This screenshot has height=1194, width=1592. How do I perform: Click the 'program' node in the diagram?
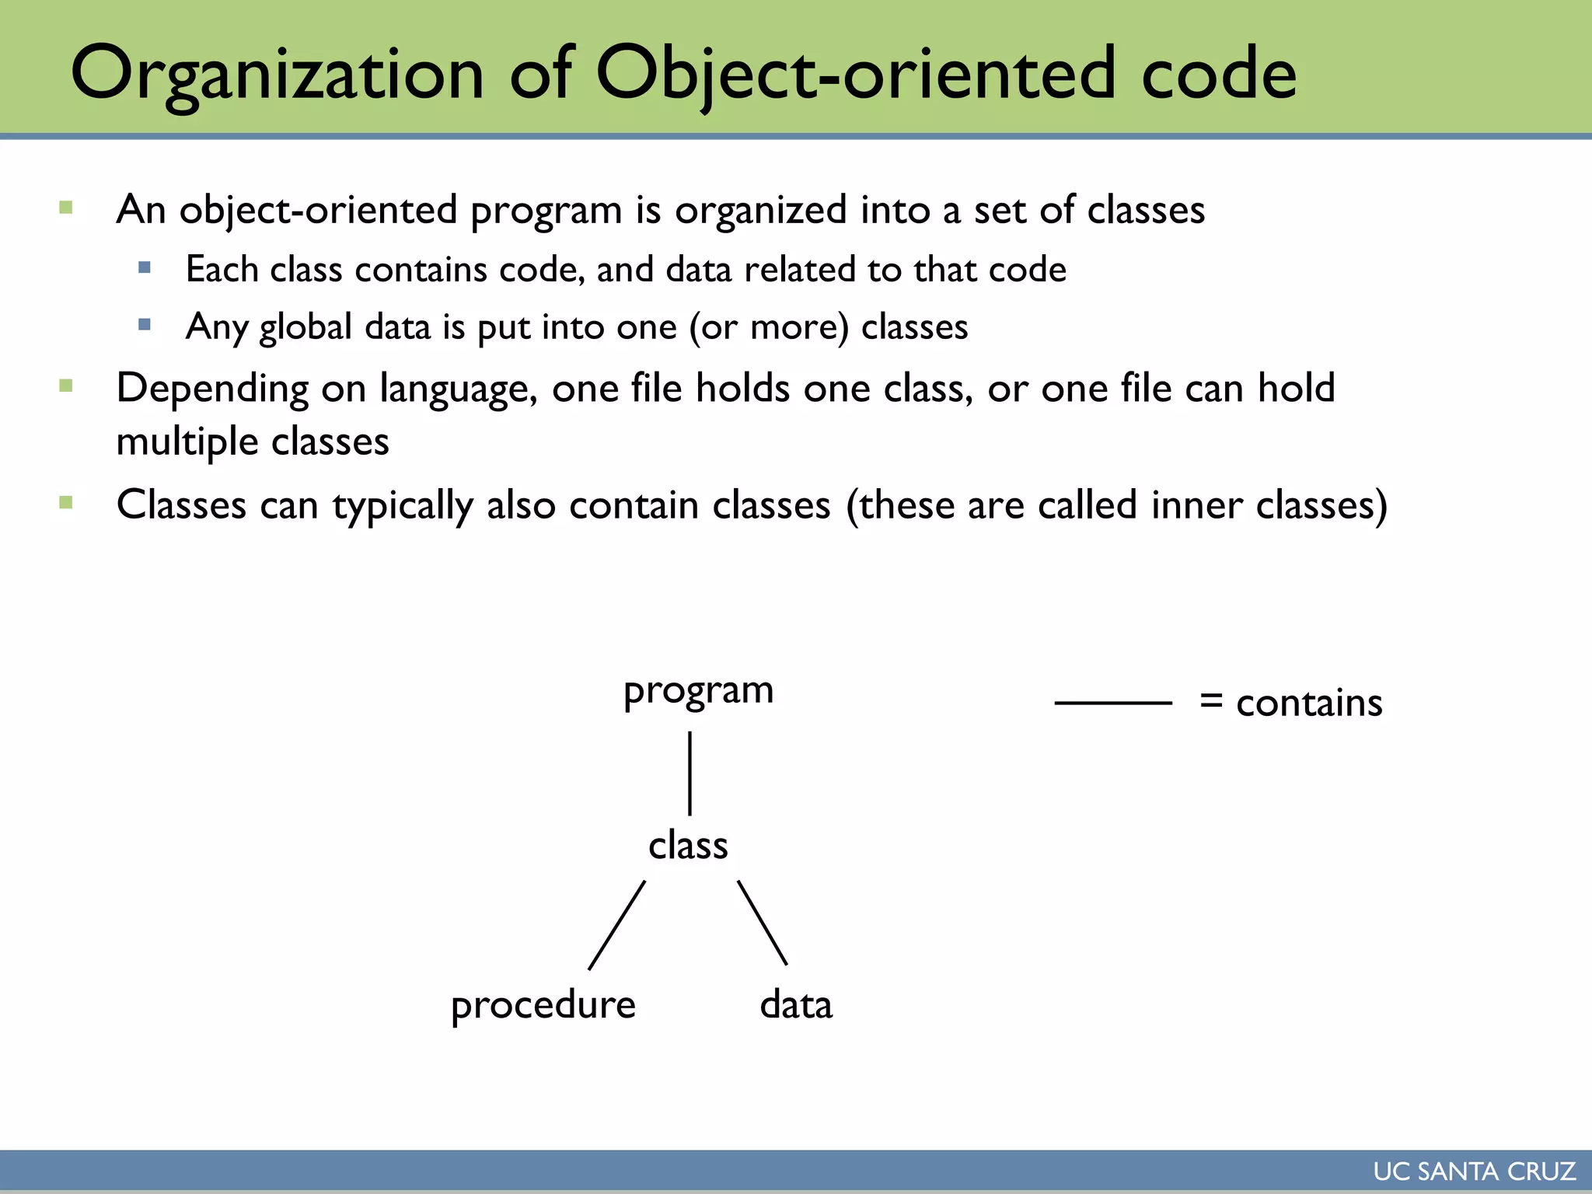[x=698, y=690]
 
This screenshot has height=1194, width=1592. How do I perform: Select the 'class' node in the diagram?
[x=688, y=845]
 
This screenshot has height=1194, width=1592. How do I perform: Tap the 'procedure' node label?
[x=543, y=1005]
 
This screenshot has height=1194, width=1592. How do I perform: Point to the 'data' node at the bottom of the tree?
[x=795, y=1004]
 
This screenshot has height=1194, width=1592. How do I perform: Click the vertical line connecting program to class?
[x=690, y=773]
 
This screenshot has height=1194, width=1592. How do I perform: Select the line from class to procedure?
[x=616, y=925]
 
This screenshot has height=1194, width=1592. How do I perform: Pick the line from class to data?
[x=763, y=923]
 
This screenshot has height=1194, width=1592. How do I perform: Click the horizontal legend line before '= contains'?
[x=1112, y=703]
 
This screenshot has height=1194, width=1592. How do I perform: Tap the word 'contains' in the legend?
[x=1309, y=703]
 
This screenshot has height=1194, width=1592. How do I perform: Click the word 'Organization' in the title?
[x=277, y=74]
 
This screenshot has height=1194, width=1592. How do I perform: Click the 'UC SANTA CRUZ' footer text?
[x=1474, y=1171]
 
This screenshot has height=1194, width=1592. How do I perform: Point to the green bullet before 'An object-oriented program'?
[x=66, y=208]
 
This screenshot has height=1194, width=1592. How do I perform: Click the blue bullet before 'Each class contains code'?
[x=145, y=268]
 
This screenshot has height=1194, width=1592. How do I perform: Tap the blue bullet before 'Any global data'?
[x=145, y=325]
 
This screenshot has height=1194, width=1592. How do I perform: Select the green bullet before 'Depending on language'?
[x=66, y=386]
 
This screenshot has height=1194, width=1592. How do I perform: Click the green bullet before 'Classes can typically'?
[x=66, y=503]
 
